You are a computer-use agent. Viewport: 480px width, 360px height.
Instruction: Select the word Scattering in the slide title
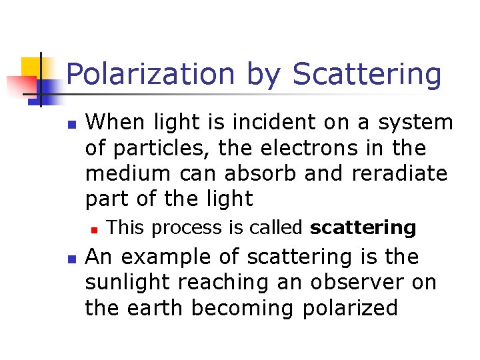(x=367, y=75)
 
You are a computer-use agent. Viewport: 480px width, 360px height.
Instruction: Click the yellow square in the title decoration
(x=31, y=67)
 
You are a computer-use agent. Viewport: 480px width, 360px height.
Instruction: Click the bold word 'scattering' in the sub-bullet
(x=363, y=228)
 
